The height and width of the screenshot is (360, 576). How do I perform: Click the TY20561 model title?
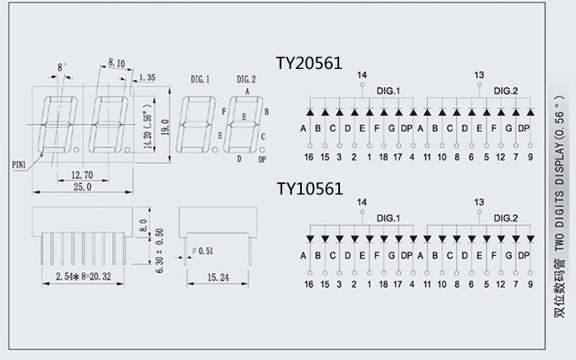pyautogui.click(x=309, y=63)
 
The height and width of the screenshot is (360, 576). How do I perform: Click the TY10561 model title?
pyautogui.click(x=309, y=189)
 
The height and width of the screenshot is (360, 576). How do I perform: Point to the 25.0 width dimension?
pyautogui.click(x=82, y=187)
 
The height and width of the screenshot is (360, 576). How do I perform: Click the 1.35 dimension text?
pyautogui.click(x=147, y=78)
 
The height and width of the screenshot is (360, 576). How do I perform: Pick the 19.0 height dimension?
pyautogui.click(x=165, y=127)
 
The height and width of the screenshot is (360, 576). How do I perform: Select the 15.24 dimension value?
pyautogui.click(x=217, y=276)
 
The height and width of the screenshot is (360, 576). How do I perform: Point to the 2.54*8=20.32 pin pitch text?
pyautogui.click(x=81, y=276)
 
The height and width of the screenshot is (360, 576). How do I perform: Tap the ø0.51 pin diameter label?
pyautogui.click(x=202, y=251)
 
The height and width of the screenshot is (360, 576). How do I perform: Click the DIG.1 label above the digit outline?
pyautogui.click(x=200, y=79)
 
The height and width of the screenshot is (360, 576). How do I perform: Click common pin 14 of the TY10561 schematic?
pyautogui.click(x=361, y=201)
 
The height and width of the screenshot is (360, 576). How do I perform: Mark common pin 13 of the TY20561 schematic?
pyautogui.click(x=478, y=75)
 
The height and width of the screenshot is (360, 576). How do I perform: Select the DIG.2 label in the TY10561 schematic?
pyautogui.click(x=506, y=218)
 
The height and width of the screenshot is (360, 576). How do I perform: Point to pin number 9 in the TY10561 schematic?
pyautogui.click(x=530, y=285)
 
